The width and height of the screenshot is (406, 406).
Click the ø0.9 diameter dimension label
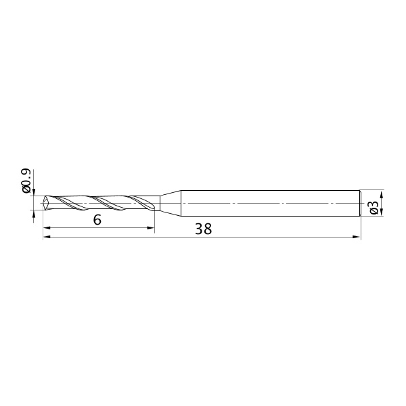pyautogui.click(x=26, y=181)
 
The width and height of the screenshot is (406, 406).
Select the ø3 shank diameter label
pyautogui.click(x=374, y=208)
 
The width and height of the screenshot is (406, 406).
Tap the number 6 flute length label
pyautogui.click(x=97, y=220)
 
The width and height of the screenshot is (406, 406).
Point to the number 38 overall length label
pyautogui.click(x=203, y=229)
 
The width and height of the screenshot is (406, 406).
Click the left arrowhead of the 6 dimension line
pyautogui.click(x=47, y=228)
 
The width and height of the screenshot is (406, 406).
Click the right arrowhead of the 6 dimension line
pyautogui.click(x=151, y=228)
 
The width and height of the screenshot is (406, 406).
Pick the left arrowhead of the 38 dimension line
pyautogui.click(x=47, y=237)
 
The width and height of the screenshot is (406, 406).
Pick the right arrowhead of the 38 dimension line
pyautogui.click(x=357, y=237)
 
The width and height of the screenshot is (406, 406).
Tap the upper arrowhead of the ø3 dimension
pyautogui.click(x=382, y=194)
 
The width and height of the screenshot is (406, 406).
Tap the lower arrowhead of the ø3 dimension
pyautogui.click(x=382, y=212)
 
